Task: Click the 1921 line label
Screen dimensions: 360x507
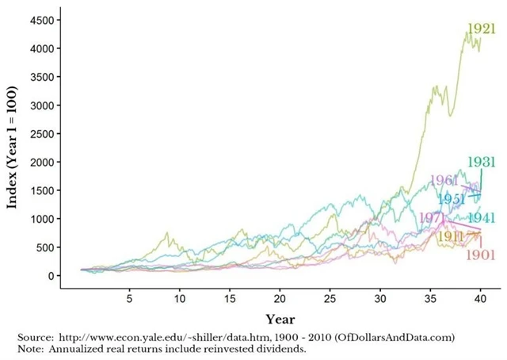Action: pos(481,29)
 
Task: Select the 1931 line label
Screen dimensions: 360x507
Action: pos(481,162)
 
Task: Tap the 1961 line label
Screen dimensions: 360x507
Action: pos(444,181)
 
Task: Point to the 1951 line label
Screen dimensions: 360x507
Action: pos(452,198)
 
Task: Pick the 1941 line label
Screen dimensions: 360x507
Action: pos(482,217)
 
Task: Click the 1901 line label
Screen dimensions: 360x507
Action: pos(481,255)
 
